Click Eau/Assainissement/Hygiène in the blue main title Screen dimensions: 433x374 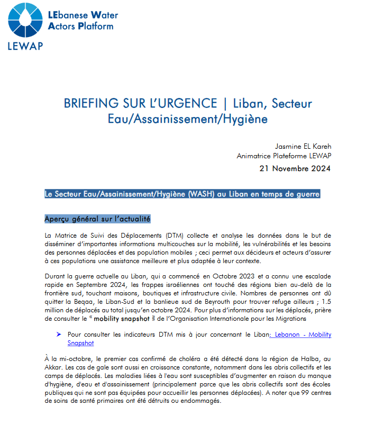(x=187, y=119)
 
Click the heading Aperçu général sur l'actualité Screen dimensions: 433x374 (x=98, y=219)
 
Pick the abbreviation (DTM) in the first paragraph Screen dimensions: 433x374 (x=169, y=235)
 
